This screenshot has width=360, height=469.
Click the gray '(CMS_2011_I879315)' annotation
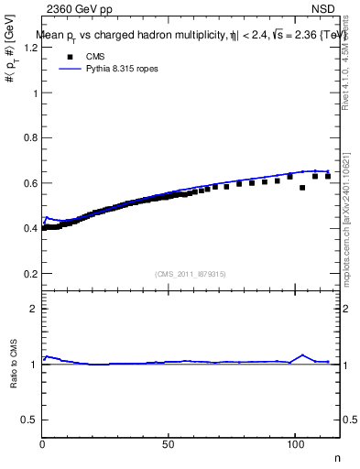pos(191,274)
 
